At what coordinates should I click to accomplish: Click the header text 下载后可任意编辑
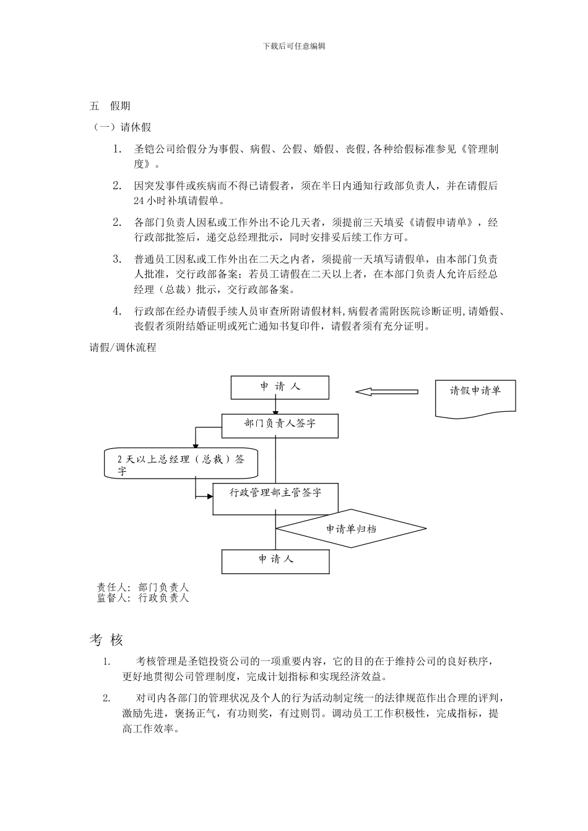(x=294, y=46)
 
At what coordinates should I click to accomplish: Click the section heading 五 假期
(x=110, y=106)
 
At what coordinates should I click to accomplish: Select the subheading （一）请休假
(x=122, y=127)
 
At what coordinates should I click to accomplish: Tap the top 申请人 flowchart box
(x=280, y=387)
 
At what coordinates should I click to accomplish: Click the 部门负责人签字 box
(x=280, y=424)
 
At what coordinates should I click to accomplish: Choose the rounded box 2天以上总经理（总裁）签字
(x=181, y=464)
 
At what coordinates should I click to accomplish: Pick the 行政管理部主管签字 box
(x=275, y=498)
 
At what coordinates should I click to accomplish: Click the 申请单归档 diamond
(x=351, y=529)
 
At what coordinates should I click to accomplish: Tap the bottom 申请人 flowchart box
(x=275, y=560)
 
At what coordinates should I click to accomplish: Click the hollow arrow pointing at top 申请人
(x=387, y=391)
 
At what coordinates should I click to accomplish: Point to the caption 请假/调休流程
(x=123, y=347)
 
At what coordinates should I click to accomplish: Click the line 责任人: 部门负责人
(x=143, y=587)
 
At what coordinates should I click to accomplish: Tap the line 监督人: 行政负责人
(x=143, y=598)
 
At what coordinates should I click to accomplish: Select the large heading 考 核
(x=106, y=640)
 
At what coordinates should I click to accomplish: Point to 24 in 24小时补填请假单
(x=139, y=201)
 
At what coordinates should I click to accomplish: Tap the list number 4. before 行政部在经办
(x=118, y=311)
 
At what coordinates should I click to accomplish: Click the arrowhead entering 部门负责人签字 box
(x=275, y=412)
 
